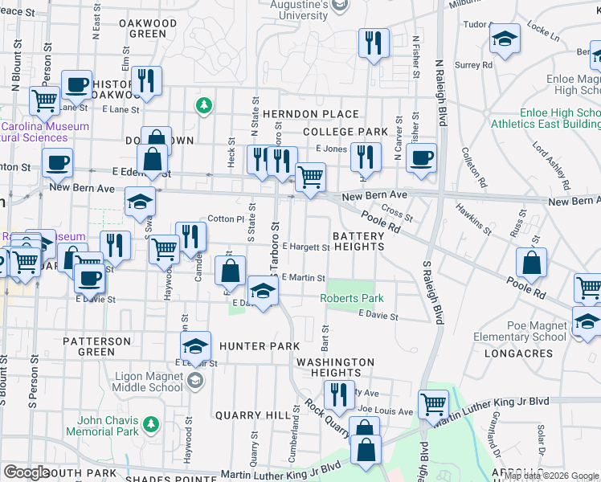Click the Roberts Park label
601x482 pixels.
point(352,299)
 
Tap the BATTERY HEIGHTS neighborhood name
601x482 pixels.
point(358,241)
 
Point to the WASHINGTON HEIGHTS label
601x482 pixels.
point(335,368)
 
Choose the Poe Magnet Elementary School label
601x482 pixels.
point(526,332)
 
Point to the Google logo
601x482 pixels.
point(27,472)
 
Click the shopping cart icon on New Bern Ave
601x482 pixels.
point(310,176)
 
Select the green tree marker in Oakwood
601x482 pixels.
point(204,105)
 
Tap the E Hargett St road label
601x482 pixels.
point(306,247)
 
